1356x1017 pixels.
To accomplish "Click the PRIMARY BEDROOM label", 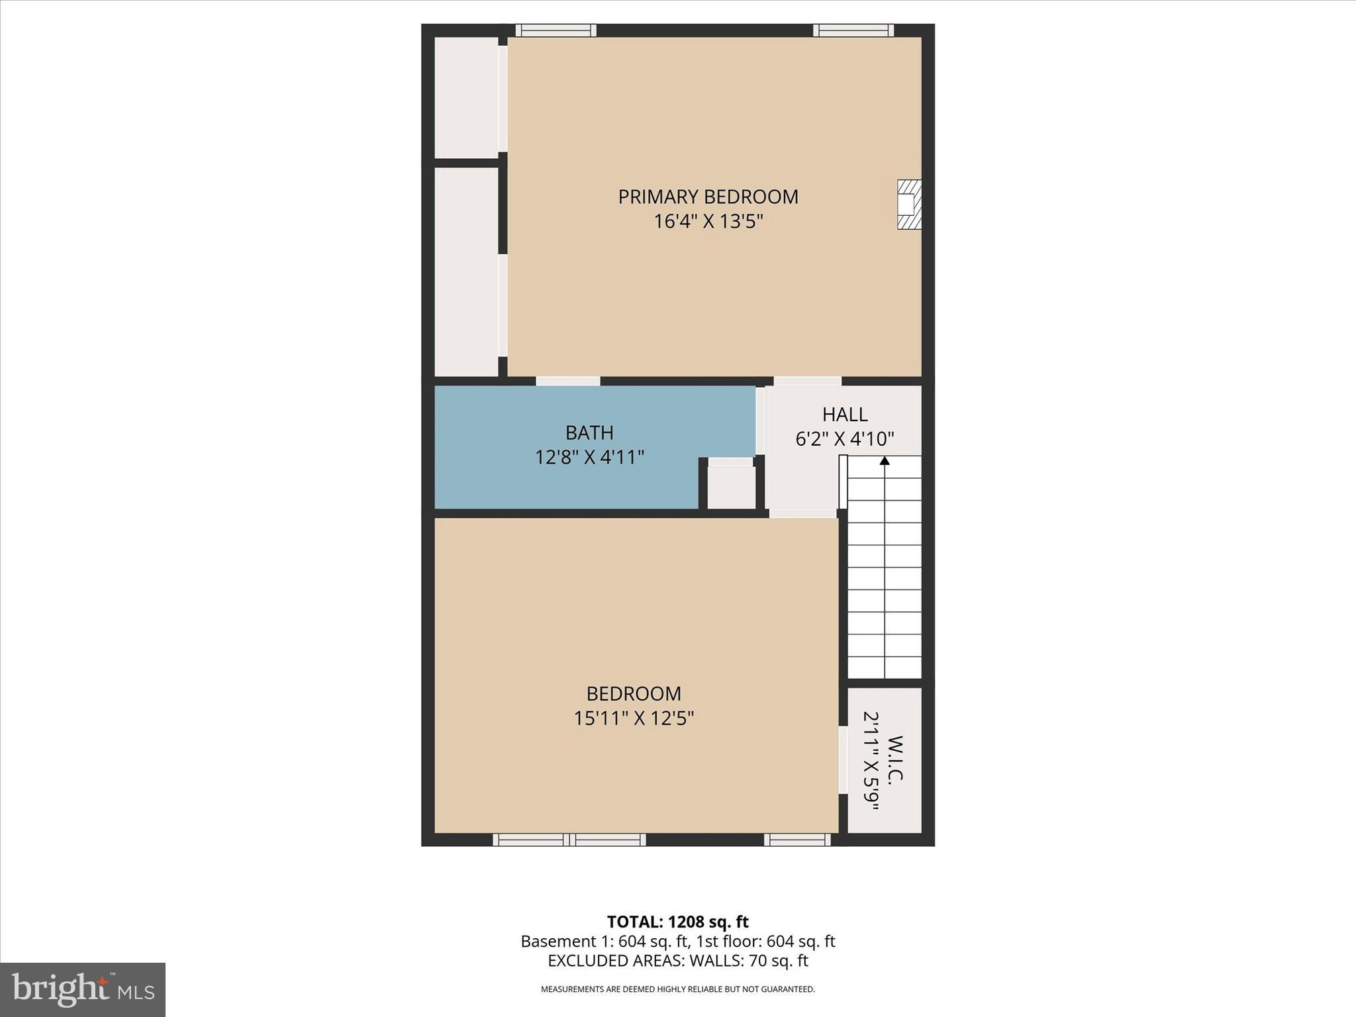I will coord(708,197).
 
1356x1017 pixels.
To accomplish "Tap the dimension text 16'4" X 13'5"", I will coord(708,221).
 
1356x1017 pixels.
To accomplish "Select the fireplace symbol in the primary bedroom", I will coord(908,205).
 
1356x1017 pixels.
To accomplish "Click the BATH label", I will coord(589,432).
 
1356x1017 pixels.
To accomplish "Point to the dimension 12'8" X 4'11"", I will coord(589,457).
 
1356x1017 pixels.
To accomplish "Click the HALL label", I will coord(845,414).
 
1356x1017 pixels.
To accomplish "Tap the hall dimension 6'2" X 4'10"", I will coord(845,438).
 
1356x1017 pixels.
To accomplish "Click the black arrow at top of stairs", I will coord(885,461).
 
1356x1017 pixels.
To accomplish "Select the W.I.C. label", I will coord(895,759).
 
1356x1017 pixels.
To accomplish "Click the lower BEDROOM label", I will coord(634,693).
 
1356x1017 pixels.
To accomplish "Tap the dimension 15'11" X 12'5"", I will coord(634,718).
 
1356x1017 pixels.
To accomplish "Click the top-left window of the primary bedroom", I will coord(556,30).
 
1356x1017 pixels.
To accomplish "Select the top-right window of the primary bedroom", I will coord(853,30).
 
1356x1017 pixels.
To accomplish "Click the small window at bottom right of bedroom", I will coord(797,840).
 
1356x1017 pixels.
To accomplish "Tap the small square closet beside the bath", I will coord(731,487).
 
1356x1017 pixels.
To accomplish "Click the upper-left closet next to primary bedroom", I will coord(466,97).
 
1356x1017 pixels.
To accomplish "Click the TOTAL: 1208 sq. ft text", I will coord(677,922).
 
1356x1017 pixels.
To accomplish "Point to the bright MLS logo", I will coord(83,989).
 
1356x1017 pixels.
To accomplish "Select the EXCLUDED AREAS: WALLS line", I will coord(677,961).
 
